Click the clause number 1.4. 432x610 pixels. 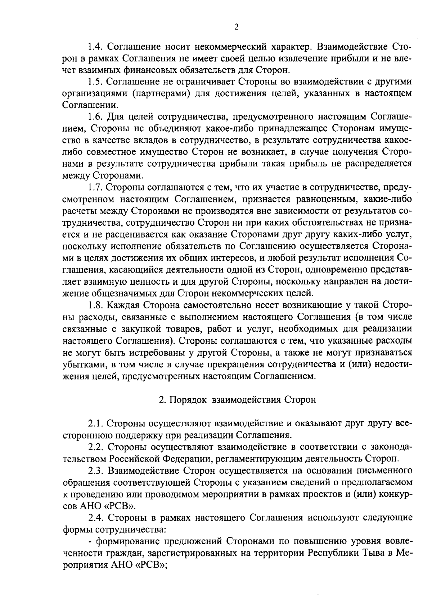click(x=96, y=47)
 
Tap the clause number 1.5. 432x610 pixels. click(x=96, y=82)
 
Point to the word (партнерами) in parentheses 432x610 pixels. click(x=161, y=94)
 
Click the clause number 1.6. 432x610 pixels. click(x=96, y=117)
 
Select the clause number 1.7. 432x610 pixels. click(x=96, y=187)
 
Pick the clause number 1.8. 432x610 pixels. click(x=96, y=305)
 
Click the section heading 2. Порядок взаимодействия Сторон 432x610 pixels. click(x=238, y=400)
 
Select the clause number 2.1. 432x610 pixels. click(x=96, y=423)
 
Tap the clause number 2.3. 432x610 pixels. click(x=96, y=470)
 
